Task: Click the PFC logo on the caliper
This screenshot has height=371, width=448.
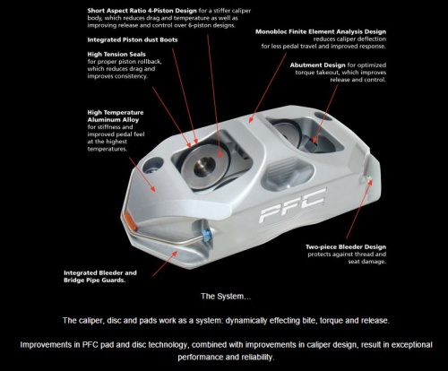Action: (293, 205)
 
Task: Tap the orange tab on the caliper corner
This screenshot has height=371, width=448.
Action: (130, 220)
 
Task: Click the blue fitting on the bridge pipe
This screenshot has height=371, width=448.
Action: (207, 235)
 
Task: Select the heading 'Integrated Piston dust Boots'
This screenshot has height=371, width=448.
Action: (133, 39)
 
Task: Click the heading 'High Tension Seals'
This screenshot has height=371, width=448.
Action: (116, 55)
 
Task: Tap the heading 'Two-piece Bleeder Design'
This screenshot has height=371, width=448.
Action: (346, 247)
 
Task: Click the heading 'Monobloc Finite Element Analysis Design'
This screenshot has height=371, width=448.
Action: (321, 31)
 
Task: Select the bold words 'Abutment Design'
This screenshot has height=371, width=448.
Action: (317, 65)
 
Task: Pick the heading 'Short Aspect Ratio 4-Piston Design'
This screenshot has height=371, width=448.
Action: (142, 11)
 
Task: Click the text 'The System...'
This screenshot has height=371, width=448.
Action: (226, 297)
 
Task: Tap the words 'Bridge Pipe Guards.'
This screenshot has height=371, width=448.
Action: (94, 280)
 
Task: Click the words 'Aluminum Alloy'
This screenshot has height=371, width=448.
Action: (113, 120)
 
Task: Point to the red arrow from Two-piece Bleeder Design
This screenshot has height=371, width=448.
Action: (358, 209)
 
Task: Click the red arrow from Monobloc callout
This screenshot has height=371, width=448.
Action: (268, 88)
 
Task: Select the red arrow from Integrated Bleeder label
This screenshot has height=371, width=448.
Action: (165, 263)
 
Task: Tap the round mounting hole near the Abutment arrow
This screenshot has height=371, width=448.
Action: (323, 116)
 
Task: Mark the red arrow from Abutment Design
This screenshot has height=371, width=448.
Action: (324, 114)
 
